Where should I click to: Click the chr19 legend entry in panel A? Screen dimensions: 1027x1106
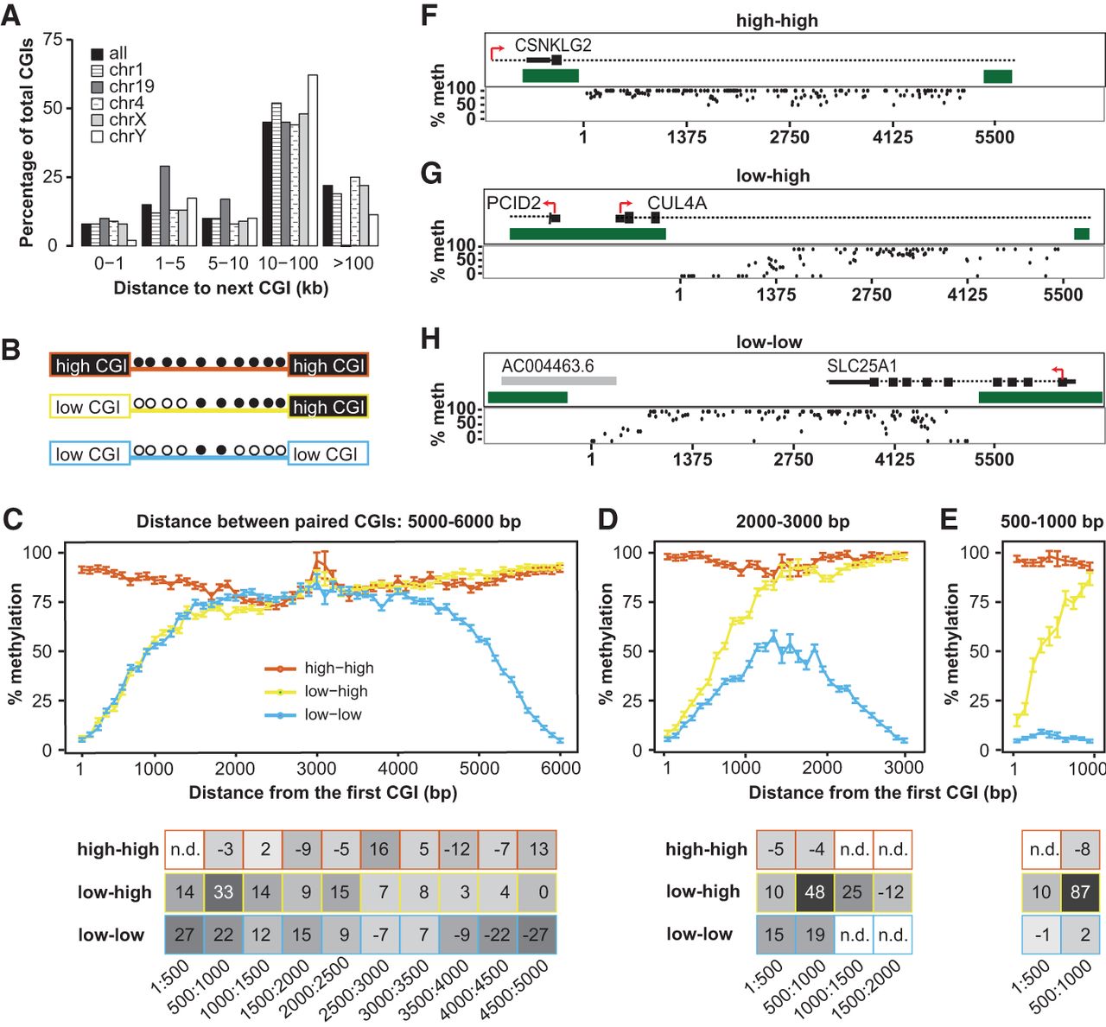130,86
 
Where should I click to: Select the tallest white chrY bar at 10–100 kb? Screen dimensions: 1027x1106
313,160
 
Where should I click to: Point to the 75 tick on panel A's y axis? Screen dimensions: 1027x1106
52,40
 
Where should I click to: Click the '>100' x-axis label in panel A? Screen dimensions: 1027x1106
353,263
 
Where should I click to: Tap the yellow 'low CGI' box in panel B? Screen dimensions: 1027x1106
90,406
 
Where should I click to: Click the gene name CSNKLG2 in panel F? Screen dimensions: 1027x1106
553,46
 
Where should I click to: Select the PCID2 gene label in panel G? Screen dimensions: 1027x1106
513,203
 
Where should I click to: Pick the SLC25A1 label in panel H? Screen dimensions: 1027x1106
861,365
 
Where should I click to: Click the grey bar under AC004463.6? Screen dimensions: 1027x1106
558,380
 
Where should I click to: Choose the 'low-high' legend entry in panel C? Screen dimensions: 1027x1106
335,691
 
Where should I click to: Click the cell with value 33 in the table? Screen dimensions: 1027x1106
223,892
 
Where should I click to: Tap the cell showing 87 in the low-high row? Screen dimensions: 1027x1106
1079,892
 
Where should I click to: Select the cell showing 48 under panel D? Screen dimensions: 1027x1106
814,892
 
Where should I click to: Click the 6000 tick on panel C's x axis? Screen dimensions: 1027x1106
560,768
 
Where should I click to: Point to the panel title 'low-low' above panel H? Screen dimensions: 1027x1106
768,342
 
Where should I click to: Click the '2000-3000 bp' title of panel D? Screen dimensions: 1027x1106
792,522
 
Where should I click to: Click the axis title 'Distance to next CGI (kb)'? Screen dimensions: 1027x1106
221,288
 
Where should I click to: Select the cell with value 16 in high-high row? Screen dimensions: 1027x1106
378,850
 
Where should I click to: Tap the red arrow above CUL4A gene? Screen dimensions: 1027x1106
624,206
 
